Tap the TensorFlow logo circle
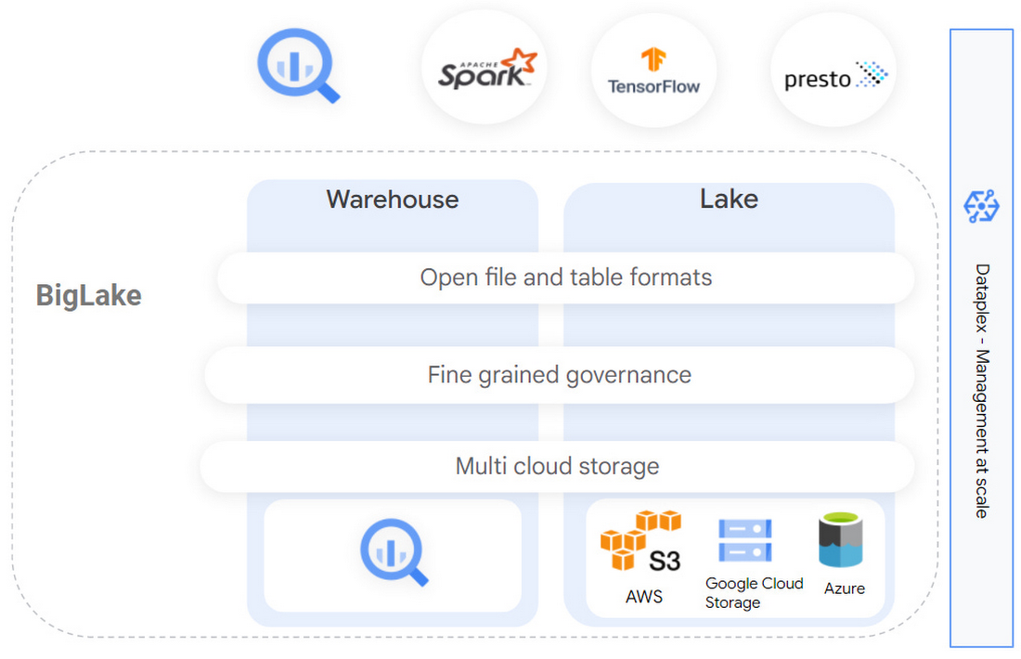pyautogui.click(x=653, y=71)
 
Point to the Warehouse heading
pyautogui.click(x=393, y=200)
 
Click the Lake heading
pyautogui.click(x=729, y=199)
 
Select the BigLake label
pyautogui.click(x=89, y=295)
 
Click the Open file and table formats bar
pyautogui.click(x=566, y=278)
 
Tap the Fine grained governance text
pyautogui.click(x=560, y=375)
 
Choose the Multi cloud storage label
pyautogui.click(x=557, y=466)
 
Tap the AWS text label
pyautogui.click(x=644, y=597)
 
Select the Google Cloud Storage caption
pyautogui.click(x=754, y=593)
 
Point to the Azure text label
pyautogui.click(x=844, y=588)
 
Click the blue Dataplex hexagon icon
pyautogui.click(x=981, y=206)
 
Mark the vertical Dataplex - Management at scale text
pyautogui.click(x=982, y=390)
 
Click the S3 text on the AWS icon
pyautogui.click(x=665, y=561)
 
